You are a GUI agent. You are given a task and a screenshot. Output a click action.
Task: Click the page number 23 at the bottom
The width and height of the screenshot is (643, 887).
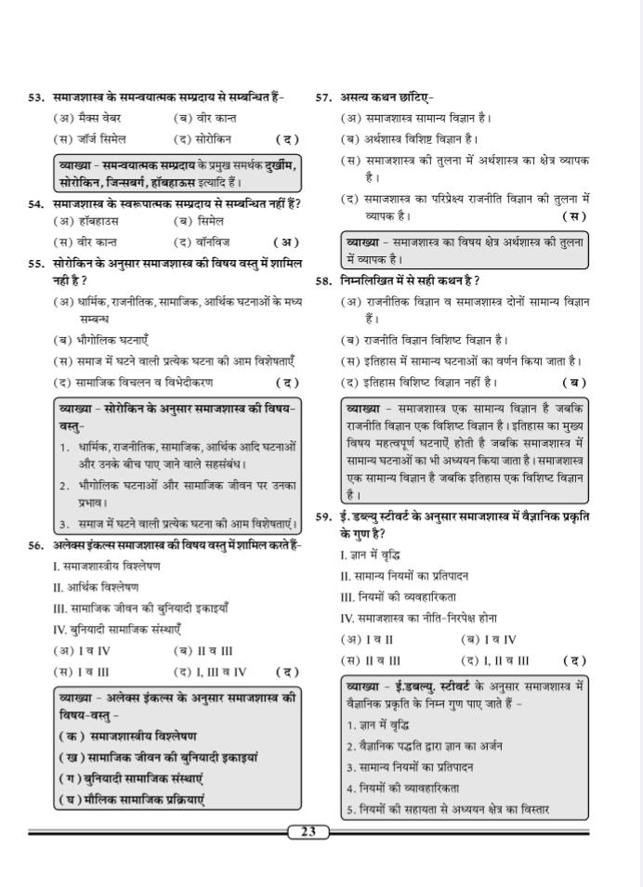click(308, 832)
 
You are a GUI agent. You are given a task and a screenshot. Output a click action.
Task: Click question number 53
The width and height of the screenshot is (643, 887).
click(36, 98)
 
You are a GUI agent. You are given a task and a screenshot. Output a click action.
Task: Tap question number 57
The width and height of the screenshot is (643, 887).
click(324, 98)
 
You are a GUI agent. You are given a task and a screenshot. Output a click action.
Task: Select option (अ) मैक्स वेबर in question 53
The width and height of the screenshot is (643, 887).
click(88, 118)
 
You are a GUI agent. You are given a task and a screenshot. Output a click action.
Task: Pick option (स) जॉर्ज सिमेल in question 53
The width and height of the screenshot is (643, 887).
click(90, 139)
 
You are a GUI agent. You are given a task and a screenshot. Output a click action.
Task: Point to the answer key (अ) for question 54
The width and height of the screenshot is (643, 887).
click(288, 242)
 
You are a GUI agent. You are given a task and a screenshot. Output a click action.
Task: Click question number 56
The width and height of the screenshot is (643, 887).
click(36, 545)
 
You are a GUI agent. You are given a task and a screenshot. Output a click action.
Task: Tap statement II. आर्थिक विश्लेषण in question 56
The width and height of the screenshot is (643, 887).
click(96, 587)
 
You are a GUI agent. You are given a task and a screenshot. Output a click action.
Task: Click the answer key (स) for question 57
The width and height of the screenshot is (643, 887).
click(574, 216)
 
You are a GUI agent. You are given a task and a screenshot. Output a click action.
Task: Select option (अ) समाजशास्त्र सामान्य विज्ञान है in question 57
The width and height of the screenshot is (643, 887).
click(416, 118)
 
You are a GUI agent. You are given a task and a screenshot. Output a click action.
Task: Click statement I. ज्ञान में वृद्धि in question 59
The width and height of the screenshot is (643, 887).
click(370, 555)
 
